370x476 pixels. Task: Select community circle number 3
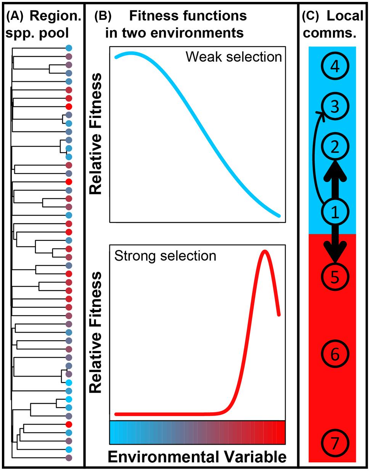tap(335, 107)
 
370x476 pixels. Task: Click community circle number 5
tap(335, 277)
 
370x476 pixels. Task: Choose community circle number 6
tap(335, 354)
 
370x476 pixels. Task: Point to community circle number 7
tap(335, 444)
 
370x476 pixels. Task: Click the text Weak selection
tap(233, 57)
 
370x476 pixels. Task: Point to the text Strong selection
tap(165, 255)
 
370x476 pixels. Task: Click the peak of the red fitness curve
tap(264, 251)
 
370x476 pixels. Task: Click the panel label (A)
tap(16, 16)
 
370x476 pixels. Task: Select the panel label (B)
tap(102, 16)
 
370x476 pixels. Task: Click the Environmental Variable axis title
tap(197, 457)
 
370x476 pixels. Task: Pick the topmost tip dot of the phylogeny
tap(69, 48)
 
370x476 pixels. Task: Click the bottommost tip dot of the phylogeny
tap(69, 457)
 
